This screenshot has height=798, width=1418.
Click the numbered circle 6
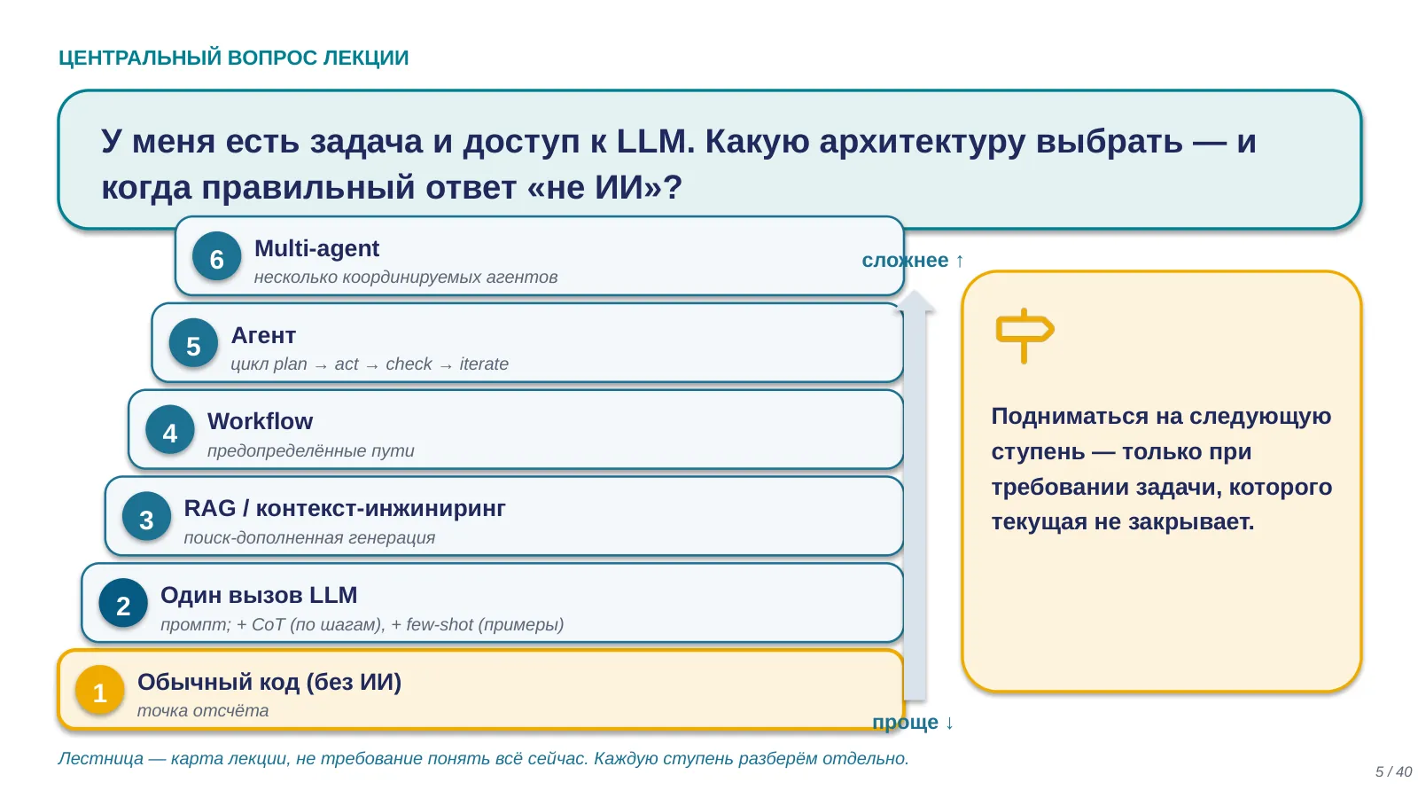[216, 257]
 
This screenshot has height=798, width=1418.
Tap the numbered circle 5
[193, 344]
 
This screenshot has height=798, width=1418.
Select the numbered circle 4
[169, 431]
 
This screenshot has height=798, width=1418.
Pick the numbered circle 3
[146, 518]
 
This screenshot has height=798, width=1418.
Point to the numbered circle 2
[123, 604]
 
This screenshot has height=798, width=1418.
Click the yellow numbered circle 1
[99, 691]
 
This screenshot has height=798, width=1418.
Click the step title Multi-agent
[316, 248]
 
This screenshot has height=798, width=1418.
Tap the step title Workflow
[260, 422]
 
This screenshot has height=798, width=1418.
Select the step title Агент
[262, 336]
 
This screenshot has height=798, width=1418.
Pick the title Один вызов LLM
[258, 595]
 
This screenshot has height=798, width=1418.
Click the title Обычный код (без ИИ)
[269, 682]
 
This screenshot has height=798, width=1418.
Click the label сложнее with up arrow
[913, 261]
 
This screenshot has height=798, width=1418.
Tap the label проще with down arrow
[913, 722]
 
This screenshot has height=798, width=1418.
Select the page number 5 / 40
[1393, 771]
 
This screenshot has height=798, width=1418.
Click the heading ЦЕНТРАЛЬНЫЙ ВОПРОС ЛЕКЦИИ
[234, 58]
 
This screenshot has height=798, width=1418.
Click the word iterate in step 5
[484, 364]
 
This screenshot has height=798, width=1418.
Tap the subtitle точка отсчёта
[203, 710]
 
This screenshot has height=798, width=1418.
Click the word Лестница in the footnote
[101, 758]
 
